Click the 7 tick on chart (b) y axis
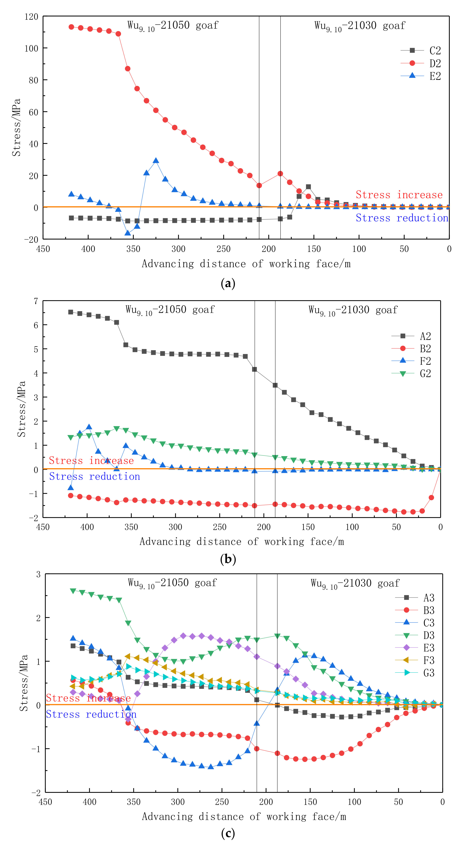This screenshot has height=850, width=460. tap(36, 301)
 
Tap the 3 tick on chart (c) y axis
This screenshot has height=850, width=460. tap(38, 574)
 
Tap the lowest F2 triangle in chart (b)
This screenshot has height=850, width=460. tap(71, 488)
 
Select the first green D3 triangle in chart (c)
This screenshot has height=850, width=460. tap(73, 591)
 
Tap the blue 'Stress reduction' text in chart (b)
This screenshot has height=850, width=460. tap(95, 476)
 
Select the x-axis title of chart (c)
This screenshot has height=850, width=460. tap(244, 816)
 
